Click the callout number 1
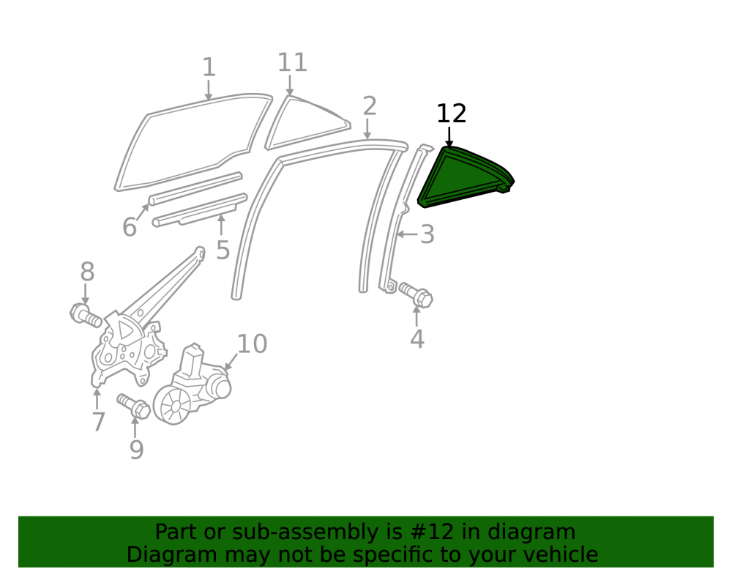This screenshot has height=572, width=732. (209, 67)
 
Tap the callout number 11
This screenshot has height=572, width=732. (292, 62)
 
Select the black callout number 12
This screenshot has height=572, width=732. (452, 114)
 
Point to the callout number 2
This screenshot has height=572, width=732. (369, 106)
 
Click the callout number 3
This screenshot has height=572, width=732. (427, 234)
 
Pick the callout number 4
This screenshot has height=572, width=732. (417, 339)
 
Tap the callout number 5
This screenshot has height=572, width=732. (223, 250)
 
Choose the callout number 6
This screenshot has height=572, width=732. (130, 227)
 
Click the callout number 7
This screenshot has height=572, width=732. (98, 422)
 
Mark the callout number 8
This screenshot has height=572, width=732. (87, 272)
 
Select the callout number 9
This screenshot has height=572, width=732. (136, 449)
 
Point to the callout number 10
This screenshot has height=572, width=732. (252, 344)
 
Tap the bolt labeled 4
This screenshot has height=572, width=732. (416, 295)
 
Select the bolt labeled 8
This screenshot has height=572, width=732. (86, 315)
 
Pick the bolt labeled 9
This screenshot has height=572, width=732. (134, 406)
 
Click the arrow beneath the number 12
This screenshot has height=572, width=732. (449, 137)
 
